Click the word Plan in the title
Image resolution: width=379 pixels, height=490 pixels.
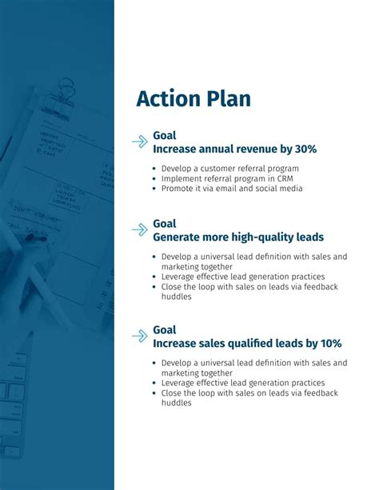coord(227,99)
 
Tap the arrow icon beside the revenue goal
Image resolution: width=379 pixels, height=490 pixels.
coord(140,142)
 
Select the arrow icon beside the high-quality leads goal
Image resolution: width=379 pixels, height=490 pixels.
coord(140,230)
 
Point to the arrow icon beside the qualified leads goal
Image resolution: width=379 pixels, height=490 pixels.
coord(140,336)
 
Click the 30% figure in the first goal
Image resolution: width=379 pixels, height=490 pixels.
coord(305,149)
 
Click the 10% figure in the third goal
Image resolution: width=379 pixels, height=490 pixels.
coord(329,343)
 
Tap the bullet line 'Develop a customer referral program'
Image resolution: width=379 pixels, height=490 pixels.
coord(229,169)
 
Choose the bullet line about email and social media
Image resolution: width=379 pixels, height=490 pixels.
coord(232,189)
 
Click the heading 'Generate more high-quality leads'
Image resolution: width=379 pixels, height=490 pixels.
coord(237,237)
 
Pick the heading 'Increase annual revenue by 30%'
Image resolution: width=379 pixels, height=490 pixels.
coord(234,149)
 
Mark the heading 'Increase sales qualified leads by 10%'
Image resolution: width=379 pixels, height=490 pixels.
coord(246,343)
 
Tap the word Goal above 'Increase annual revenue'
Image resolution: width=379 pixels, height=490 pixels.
coord(164,136)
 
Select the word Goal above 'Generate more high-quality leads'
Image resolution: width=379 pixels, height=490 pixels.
coord(164,224)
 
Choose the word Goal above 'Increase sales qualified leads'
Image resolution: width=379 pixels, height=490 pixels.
coord(164,329)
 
